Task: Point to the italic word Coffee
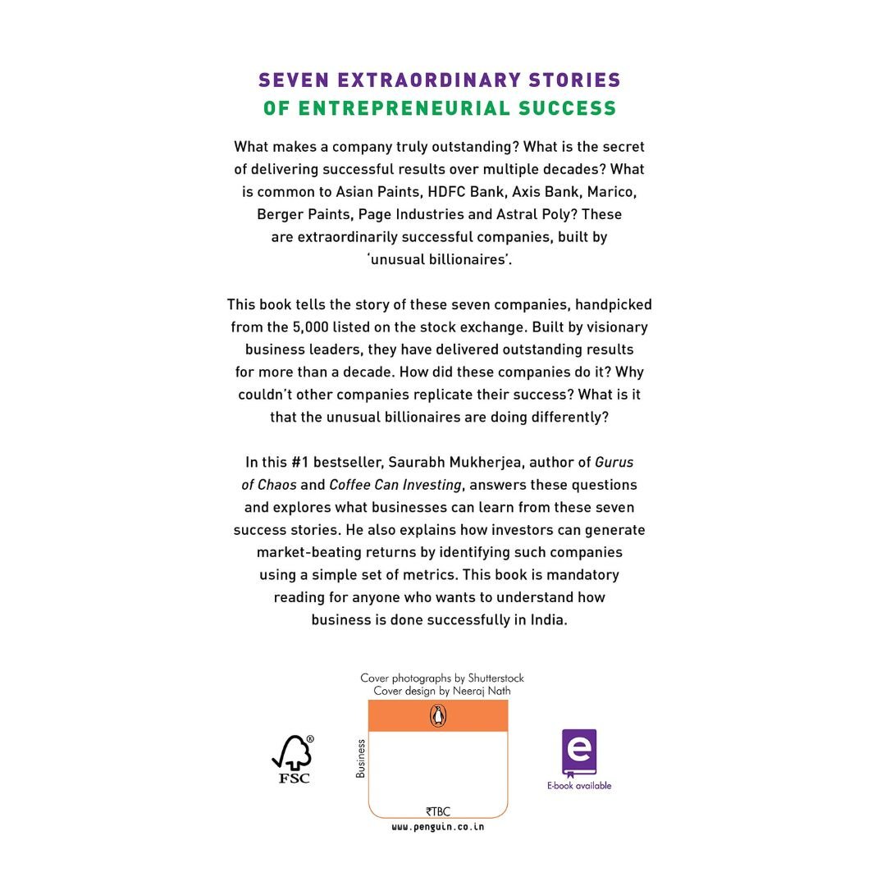[x=349, y=485]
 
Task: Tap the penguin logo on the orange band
[x=438, y=715]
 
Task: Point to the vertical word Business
[x=361, y=759]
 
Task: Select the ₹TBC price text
[x=438, y=811]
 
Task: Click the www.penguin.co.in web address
[x=438, y=828]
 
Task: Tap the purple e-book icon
[x=579, y=752]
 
